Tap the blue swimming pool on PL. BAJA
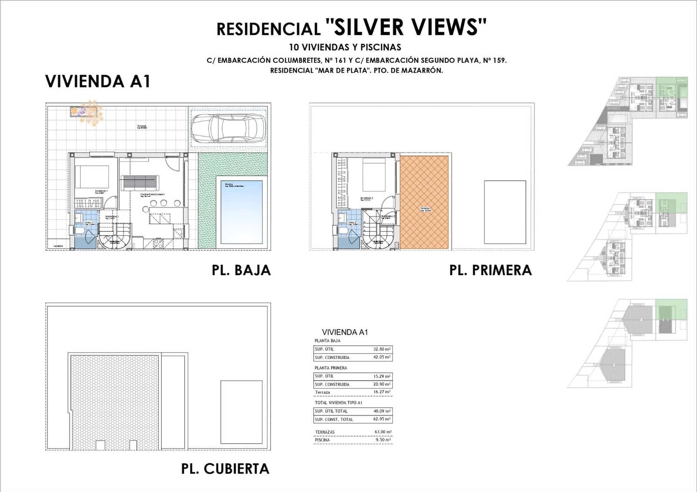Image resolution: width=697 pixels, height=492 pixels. point(241,212)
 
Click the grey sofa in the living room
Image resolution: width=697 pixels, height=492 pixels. point(140,182)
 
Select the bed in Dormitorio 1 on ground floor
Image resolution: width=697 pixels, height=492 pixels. point(92,177)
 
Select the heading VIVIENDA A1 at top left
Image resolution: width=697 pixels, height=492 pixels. point(98,81)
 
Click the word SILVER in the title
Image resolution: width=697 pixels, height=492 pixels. point(369,27)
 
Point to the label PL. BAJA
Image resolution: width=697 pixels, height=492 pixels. point(241,270)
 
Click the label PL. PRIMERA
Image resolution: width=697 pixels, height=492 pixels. point(491,270)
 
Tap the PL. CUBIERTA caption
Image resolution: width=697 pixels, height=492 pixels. point(225,469)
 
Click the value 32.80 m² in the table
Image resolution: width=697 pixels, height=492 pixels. point(382,349)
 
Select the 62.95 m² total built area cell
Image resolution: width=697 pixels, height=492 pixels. point(382,419)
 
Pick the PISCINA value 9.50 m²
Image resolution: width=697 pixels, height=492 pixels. point(382,440)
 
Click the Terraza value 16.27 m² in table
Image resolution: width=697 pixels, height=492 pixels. point(382,392)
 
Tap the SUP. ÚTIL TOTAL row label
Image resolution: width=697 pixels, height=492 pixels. point(331,411)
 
